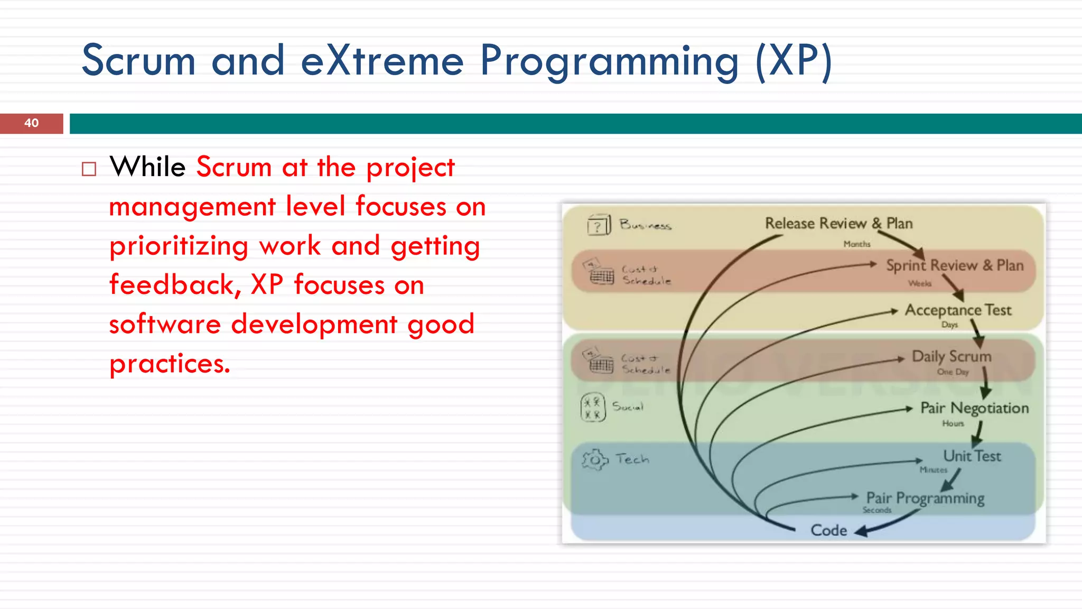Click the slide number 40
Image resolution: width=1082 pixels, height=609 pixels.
31,123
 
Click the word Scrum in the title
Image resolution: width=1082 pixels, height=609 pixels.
138,61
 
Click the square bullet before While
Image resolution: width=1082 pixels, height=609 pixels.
89,169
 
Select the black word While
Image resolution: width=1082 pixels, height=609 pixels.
147,167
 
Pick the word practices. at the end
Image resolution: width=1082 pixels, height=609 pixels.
170,364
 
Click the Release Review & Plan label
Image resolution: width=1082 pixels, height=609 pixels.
838,224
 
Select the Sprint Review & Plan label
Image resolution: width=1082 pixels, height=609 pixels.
954,265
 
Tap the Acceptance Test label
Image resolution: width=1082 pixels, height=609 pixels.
958,310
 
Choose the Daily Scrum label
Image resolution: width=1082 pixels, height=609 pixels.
951,356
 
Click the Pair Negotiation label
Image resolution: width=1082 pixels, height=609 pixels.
974,408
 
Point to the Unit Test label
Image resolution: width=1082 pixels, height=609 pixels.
972,456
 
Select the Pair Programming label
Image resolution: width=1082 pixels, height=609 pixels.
925,498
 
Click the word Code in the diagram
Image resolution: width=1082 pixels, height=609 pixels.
828,530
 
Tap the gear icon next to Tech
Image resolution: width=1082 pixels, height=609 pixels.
595,459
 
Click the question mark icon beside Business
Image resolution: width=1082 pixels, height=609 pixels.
599,225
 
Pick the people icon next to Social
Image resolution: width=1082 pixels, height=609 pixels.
592,408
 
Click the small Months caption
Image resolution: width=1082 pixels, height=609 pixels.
856,244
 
